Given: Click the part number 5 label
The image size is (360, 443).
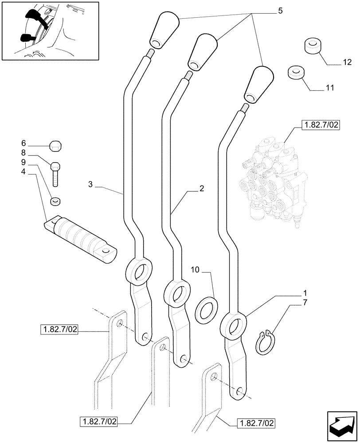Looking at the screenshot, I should [x=280, y=11].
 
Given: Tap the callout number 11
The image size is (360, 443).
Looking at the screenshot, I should [x=329, y=89].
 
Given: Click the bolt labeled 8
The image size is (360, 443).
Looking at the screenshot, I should [x=56, y=175].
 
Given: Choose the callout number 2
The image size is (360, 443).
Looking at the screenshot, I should [x=202, y=188].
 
